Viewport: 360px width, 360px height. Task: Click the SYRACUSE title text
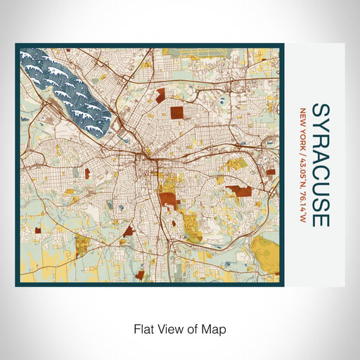click(319, 165)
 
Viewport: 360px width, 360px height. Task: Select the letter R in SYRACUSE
click(319, 140)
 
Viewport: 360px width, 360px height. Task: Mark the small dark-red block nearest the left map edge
click(88, 172)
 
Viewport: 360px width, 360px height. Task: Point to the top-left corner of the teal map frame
click(16, 45)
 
